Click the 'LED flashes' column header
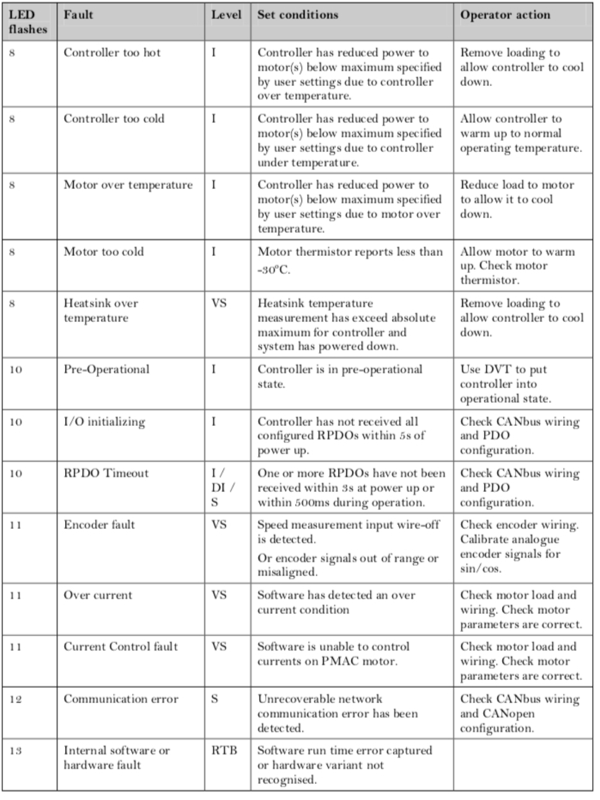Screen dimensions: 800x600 (28, 22)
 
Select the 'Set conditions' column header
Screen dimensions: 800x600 (298, 15)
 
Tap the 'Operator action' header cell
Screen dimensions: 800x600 (505, 15)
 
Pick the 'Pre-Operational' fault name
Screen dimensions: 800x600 (106, 369)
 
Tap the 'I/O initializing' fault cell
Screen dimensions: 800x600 (104, 422)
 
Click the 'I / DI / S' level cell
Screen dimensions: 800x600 (222, 487)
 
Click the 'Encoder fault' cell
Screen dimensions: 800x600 (99, 525)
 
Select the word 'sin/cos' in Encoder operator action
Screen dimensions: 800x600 (480, 569)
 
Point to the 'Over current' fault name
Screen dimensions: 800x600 (98, 595)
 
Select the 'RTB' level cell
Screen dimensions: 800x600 (224, 751)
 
